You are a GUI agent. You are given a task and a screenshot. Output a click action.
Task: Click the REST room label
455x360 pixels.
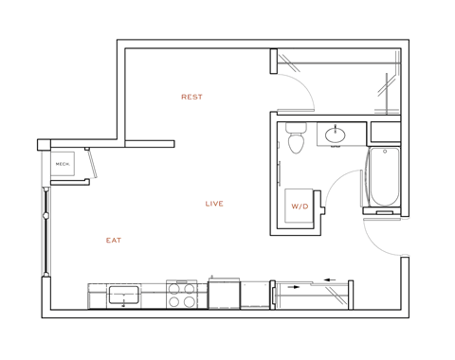tap(191, 97)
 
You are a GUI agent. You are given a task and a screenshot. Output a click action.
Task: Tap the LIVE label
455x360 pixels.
tap(214, 204)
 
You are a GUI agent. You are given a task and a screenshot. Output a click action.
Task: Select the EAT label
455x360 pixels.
tap(114, 241)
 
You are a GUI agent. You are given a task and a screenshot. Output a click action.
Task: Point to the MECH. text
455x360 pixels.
tap(63, 164)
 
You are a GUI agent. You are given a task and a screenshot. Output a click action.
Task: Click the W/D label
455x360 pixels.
tap(300, 207)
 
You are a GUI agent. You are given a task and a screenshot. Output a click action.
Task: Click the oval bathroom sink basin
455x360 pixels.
tap(336, 135)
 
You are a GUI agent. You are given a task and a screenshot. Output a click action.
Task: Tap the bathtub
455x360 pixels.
tap(384, 177)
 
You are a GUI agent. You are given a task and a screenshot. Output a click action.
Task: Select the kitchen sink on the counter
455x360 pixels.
tap(123, 295)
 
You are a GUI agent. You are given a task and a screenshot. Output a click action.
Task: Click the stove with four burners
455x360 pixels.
tap(181, 295)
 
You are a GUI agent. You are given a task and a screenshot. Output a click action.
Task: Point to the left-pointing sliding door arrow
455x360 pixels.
tap(329, 279)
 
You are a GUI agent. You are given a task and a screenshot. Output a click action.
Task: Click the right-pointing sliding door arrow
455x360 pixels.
tap(295, 285)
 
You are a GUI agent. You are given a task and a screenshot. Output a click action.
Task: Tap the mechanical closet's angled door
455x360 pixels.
tap(92, 163)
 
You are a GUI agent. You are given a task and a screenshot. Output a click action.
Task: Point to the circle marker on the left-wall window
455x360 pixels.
tap(45, 216)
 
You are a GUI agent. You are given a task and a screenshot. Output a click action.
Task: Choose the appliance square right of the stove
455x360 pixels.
tap(224, 295)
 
